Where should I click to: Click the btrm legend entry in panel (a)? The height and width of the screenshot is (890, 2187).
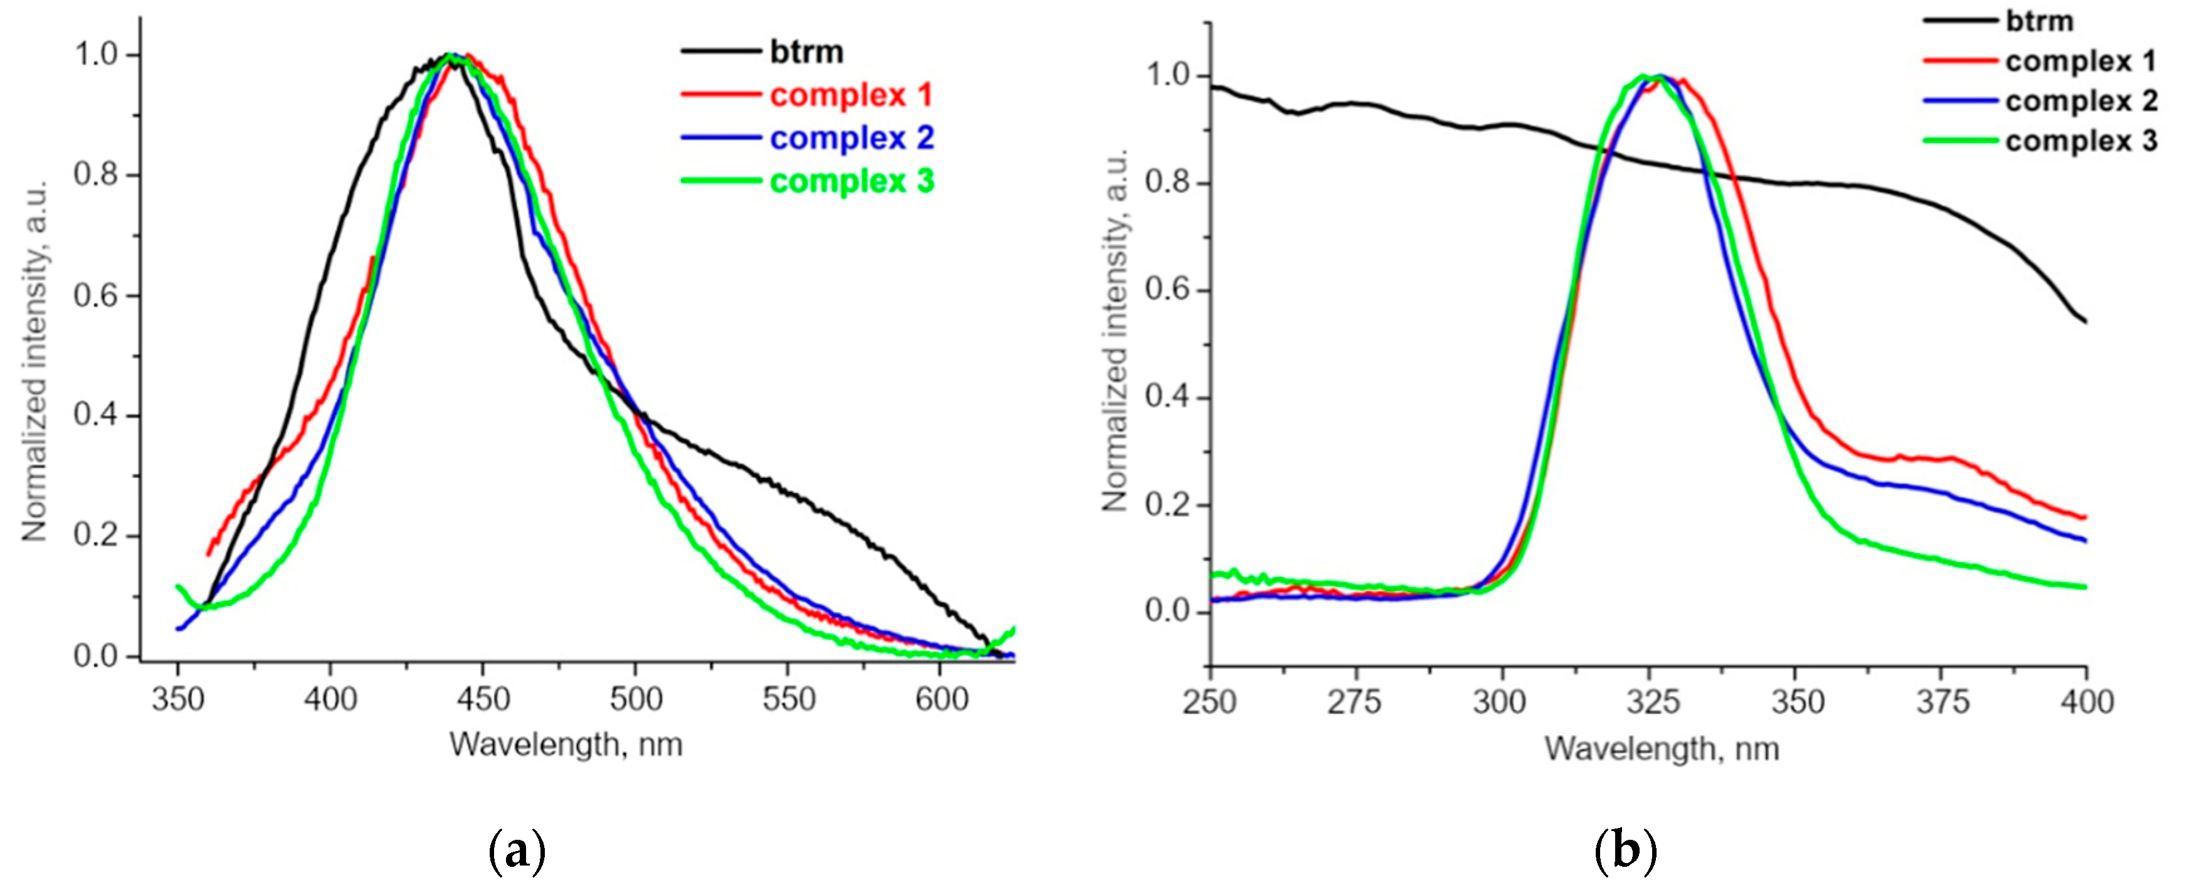pyautogui.click(x=806, y=53)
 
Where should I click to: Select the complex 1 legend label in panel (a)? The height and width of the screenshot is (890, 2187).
pyautogui.click(x=851, y=95)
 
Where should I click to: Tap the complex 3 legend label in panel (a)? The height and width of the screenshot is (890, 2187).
pyautogui.click(x=851, y=182)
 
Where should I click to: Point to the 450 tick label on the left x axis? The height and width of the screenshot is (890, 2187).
pyautogui.click(x=482, y=700)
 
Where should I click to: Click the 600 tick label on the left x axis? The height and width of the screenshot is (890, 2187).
pyautogui.click(x=942, y=700)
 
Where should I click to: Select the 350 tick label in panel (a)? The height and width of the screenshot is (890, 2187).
pyautogui.click(x=177, y=700)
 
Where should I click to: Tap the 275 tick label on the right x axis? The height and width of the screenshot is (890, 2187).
pyautogui.click(x=1355, y=703)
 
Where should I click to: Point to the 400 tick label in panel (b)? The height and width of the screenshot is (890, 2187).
pyautogui.click(x=2086, y=703)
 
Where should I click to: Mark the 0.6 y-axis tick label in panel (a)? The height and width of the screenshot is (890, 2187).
pyautogui.click(x=95, y=297)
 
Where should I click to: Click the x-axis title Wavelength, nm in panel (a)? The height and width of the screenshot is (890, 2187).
pyautogui.click(x=566, y=744)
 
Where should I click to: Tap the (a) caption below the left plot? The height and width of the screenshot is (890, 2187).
pyautogui.click(x=517, y=851)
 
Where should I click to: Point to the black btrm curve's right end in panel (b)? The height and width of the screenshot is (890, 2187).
pyautogui.click(x=2085, y=321)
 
